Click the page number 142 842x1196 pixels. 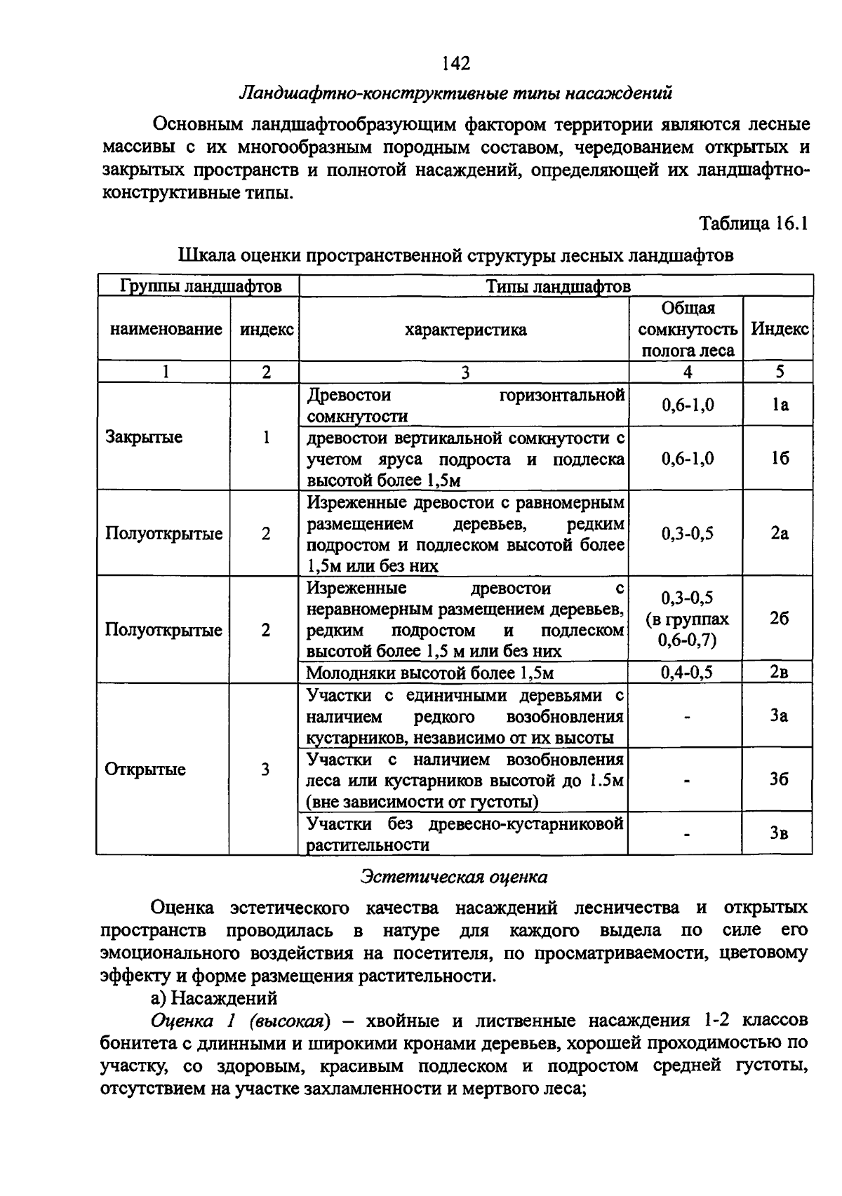pyautogui.click(x=456, y=64)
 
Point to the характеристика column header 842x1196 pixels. pyautogui.click(x=465, y=330)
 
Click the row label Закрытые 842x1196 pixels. pyautogui.click(x=144, y=437)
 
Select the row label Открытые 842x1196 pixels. pyautogui.click(x=145, y=770)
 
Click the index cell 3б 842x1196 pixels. pyautogui.click(x=779, y=780)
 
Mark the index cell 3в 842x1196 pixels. pyautogui.click(x=779, y=833)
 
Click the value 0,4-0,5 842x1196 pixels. pyautogui.click(x=687, y=673)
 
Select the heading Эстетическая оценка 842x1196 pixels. pyautogui.click(x=454, y=877)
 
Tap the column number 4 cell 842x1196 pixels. pyautogui.click(x=687, y=372)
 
